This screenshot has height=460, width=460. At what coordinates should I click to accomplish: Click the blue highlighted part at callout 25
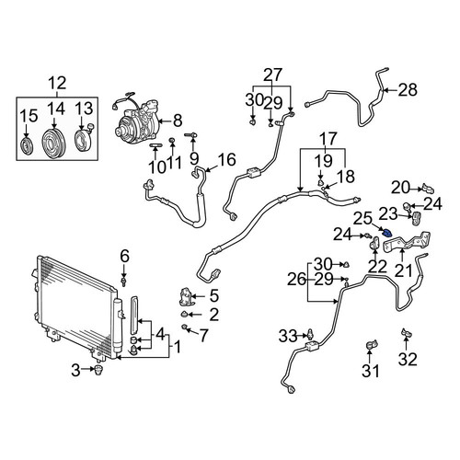coord(386,234)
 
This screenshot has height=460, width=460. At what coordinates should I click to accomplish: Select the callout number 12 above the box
coord(57,83)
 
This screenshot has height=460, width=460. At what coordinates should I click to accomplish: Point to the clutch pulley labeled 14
coord(54,144)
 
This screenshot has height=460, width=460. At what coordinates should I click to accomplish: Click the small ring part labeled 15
coord(26,145)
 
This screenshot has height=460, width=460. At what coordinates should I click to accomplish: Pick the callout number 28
coord(408,90)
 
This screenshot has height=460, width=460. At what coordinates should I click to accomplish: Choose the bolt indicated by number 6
coord(124,282)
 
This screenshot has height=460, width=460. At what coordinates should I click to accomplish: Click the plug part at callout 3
coord(98,370)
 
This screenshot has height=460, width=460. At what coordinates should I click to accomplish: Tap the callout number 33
coord(288,336)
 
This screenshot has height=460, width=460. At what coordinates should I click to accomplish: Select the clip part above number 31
coord(372,345)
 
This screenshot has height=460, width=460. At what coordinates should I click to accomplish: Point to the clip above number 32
coord(407,333)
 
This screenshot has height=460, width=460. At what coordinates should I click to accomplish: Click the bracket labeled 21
coord(407,241)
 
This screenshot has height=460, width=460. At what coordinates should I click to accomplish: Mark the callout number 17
coord(329,139)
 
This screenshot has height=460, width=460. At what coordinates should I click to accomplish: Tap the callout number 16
coord(226,159)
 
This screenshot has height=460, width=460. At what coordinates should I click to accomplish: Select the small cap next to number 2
coord(185,315)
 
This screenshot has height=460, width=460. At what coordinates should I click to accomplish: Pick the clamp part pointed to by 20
coord(428,189)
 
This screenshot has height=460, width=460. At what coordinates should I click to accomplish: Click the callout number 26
coord(296,280)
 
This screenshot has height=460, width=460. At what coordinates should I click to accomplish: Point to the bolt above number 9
coord(190,134)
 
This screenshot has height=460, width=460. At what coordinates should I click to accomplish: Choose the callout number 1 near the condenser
coord(177,347)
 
